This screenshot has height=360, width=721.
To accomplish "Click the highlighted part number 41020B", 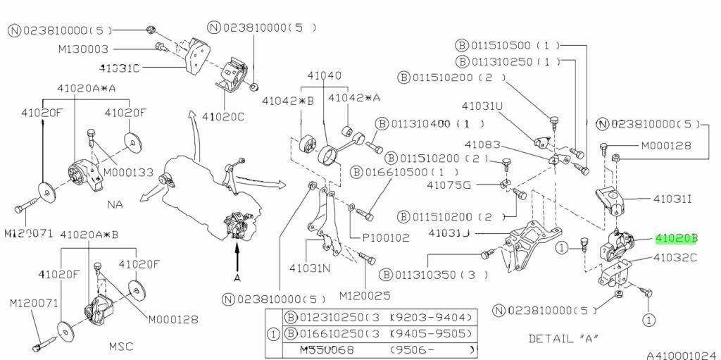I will tap(676, 239).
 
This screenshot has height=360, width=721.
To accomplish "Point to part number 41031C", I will tap(120, 68).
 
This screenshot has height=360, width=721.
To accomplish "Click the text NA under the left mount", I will tap(116, 204).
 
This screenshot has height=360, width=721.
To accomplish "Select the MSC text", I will tap(122, 346).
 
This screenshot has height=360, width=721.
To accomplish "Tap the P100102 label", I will tap(385, 237).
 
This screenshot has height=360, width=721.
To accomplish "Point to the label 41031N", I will tap(310, 268).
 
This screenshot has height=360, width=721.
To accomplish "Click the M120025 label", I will tap(364, 296).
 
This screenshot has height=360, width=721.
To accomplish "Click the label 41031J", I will tap(449, 232).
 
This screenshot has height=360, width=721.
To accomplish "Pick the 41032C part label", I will tap(675, 258).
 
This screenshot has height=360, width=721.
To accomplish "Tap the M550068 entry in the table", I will tap(327, 350).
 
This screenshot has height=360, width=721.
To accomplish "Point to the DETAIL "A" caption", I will tap(563, 338).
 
